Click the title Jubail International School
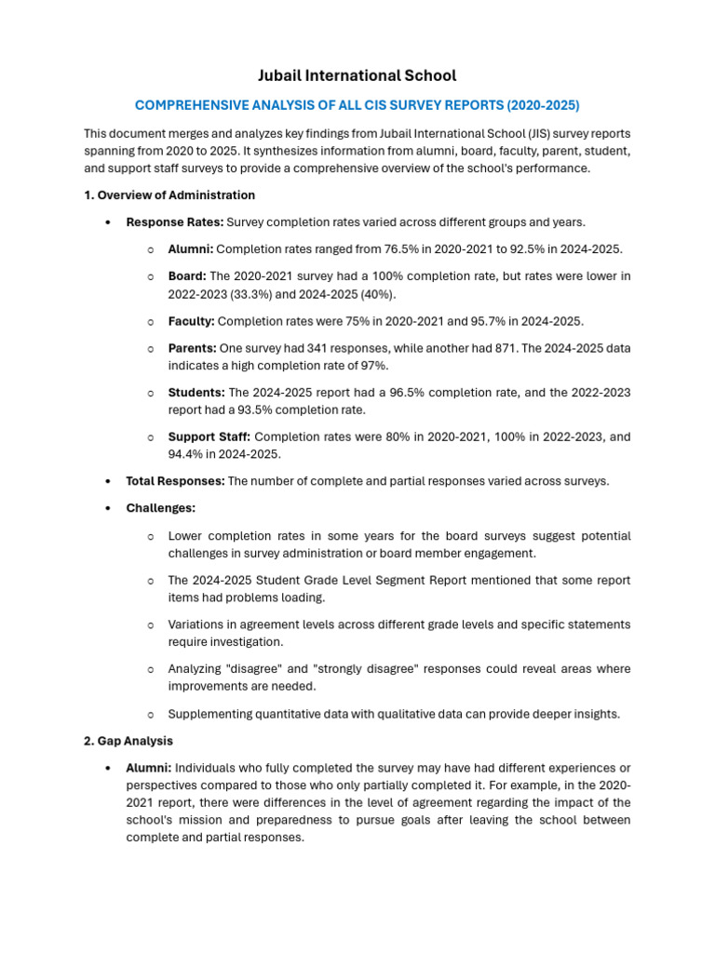(x=357, y=75)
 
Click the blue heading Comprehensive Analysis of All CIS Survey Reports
(x=357, y=105)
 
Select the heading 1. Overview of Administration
(x=169, y=195)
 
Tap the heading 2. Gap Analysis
(x=128, y=741)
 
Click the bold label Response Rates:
(x=174, y=222)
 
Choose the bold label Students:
(x=196, y=393)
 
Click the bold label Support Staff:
(x=209, y=436)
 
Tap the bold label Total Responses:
(x=175, y=481)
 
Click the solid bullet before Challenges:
(x=109, y=508)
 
